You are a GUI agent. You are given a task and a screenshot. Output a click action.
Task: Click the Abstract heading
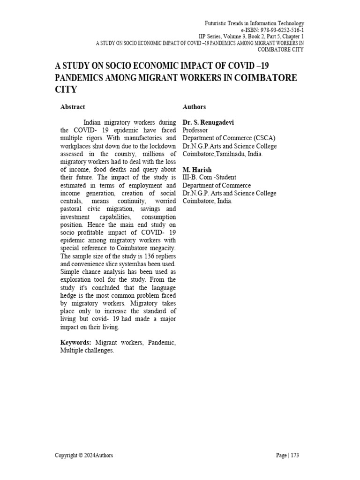click(73, 107)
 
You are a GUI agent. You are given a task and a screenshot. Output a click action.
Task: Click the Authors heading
click(194, 107)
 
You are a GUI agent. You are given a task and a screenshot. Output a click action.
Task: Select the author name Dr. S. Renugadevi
click(208, 122)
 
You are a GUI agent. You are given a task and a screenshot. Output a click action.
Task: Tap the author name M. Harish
click(197, 170)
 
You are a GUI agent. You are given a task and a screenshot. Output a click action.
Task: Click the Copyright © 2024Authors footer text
click(84, 455)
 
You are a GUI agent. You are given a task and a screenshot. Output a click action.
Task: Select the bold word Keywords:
click(76, 343)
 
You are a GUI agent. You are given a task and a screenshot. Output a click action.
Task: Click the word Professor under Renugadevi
click(195, 130)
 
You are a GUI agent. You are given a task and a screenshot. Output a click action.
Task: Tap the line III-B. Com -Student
click(209, 178)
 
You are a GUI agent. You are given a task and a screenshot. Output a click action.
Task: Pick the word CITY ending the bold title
click(66, 89)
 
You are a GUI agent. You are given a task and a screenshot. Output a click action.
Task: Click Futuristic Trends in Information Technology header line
click(255, 23)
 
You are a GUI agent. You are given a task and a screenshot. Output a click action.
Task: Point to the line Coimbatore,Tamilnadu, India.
click(223, 154)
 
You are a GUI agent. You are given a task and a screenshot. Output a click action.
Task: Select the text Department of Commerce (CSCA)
click(229, 138)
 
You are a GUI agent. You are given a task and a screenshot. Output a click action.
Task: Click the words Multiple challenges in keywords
click(87, 351)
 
